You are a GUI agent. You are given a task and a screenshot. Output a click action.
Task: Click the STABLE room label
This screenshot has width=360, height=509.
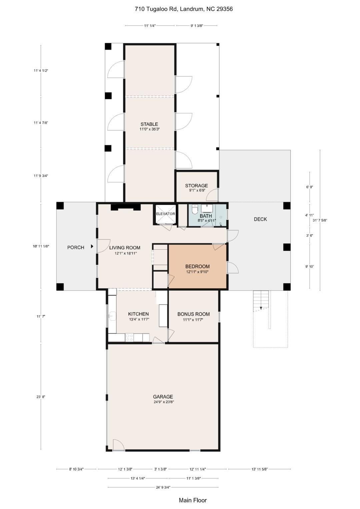(149, 124)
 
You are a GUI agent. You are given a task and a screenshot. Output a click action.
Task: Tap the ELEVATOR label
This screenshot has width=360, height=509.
(165, 214)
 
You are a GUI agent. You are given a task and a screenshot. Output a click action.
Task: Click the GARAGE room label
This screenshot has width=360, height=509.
(163, 397)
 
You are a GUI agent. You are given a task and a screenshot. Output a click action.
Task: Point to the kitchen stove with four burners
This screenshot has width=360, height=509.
(129, 337)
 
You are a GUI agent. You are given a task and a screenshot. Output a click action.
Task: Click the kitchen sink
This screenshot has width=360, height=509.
(112, 316)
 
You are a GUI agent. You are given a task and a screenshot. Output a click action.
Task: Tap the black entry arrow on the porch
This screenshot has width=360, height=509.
(92, 247)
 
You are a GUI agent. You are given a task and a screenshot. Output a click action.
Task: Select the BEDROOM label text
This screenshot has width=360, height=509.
(197, 266)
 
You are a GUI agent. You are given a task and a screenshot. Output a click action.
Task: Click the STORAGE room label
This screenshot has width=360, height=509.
(196, 186)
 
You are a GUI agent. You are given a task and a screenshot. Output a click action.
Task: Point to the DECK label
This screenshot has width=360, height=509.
(260, 219)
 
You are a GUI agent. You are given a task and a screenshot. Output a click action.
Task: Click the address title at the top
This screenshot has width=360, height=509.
(184, 9)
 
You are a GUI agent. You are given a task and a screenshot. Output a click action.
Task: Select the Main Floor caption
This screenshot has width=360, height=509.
(193, 500)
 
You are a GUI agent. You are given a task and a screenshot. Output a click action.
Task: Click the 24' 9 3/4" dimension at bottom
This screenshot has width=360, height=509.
(163, 487)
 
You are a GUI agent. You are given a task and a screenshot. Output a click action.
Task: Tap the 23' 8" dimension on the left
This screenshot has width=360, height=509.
(41, 397)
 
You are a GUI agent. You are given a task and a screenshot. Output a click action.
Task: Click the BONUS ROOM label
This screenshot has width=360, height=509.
(193, 314)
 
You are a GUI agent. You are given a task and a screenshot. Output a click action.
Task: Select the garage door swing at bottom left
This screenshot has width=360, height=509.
(118, 445)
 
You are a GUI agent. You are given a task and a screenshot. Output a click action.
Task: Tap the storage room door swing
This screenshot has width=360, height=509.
(213, 195)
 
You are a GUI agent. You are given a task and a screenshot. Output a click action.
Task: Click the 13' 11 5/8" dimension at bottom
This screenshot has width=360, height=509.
(259, 469)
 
